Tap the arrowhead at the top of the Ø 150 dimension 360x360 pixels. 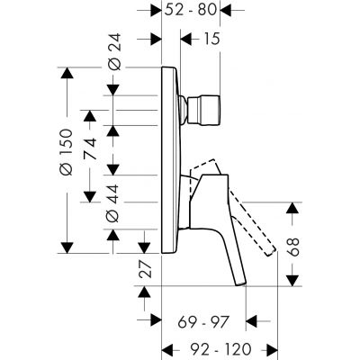point(65,73)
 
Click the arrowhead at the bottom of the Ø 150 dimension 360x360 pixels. point(65,244)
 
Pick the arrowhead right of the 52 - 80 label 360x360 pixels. point(226,11)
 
